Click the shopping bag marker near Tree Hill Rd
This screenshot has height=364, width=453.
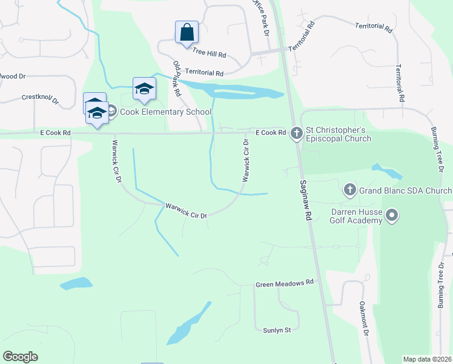click(x=187, y=32)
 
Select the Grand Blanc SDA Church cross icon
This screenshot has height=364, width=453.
click(x=349, y=190)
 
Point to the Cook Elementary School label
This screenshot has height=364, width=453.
click(x=165, y=112)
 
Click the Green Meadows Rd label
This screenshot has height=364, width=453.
click(x=285, y=283)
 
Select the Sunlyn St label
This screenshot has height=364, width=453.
click(x=277, y=330)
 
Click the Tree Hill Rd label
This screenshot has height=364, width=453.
click(x=209, y=55)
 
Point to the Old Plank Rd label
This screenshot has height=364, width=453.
click(x=177, y=79)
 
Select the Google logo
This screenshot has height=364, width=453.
click(x=20, y=357)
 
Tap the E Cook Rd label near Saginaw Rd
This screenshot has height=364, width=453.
click(x=270, y=132)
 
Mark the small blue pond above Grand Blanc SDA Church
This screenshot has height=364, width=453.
click(x=386, y=171)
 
